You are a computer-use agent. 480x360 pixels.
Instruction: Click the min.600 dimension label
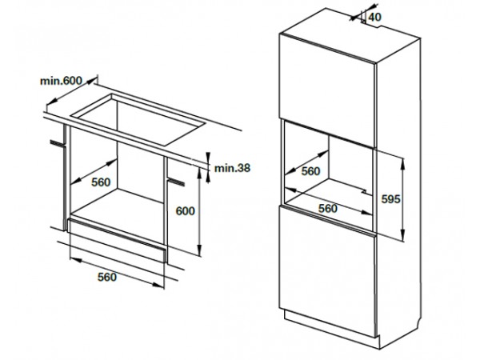(x=62, y=81)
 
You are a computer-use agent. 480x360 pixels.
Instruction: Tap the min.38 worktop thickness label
(x=232, y=168)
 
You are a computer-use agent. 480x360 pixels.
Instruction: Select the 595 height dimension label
(x=390, y=199)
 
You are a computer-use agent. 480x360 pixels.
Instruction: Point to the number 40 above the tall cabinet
(x=374, y=17)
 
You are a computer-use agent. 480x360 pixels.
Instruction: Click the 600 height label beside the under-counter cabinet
(x=185, y=211)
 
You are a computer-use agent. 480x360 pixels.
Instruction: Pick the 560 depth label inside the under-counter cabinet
(x=101, y=182)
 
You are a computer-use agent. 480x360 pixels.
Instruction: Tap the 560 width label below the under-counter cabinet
(x=107, y=277)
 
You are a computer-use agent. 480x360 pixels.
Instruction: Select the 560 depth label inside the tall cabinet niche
(x=310, y=171)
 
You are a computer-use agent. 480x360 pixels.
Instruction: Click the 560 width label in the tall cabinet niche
(x=328, y=209)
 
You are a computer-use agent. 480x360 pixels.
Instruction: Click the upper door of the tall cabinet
(x=327, y=90)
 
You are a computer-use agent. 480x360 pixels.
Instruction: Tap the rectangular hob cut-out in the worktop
(x=138, y=120)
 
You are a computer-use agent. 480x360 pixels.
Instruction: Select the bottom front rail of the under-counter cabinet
(x=117, y=240)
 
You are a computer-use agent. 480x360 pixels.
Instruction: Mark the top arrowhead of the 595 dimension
(x=403, y=163)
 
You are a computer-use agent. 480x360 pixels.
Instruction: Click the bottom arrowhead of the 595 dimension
(x=403, y=236)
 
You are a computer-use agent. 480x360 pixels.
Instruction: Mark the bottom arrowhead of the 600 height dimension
(x=199, y=250)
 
